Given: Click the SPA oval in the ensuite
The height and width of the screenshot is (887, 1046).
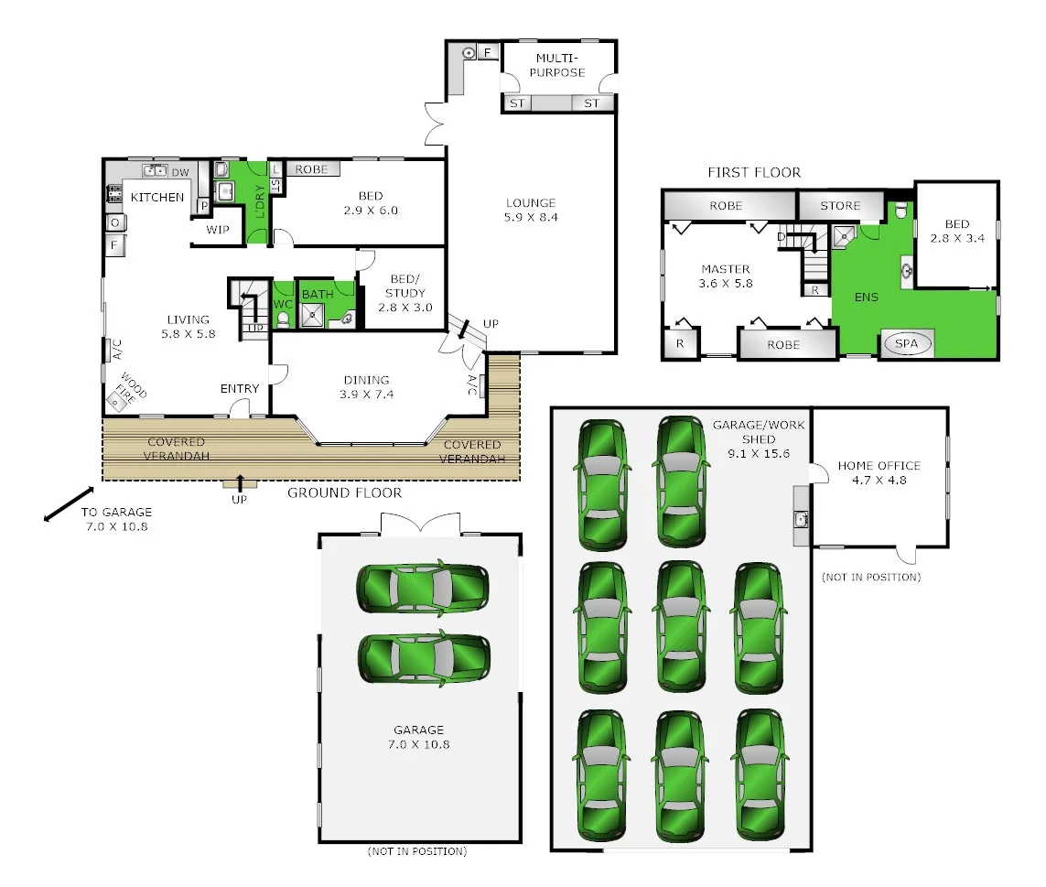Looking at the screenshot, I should pos(906,344).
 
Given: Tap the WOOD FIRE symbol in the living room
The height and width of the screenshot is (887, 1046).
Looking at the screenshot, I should pos(118,399).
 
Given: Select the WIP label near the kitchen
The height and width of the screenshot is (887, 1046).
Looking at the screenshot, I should pos(218,230).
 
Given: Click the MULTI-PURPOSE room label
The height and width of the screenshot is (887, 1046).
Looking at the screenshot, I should pos(560,66).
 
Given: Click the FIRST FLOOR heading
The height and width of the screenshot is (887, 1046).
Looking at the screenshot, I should pos(754,172).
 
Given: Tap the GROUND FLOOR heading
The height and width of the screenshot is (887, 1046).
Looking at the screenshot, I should pos(344,492).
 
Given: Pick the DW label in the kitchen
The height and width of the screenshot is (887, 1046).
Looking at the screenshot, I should pos(180,171).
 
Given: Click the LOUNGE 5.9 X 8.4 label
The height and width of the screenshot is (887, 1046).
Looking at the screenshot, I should pos(531,211).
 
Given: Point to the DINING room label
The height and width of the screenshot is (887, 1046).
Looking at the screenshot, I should pos(366,387).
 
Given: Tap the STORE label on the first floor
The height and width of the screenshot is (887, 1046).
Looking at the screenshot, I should pos(840,206).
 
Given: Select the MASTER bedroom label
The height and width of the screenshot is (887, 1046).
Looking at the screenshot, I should pos(726,276).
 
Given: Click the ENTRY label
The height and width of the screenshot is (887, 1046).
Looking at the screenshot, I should pos(240,389).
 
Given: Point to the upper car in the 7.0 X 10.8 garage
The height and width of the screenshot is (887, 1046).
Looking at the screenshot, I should pos(423,586).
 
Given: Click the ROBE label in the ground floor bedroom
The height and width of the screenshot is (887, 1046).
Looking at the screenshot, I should pos(311,169).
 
